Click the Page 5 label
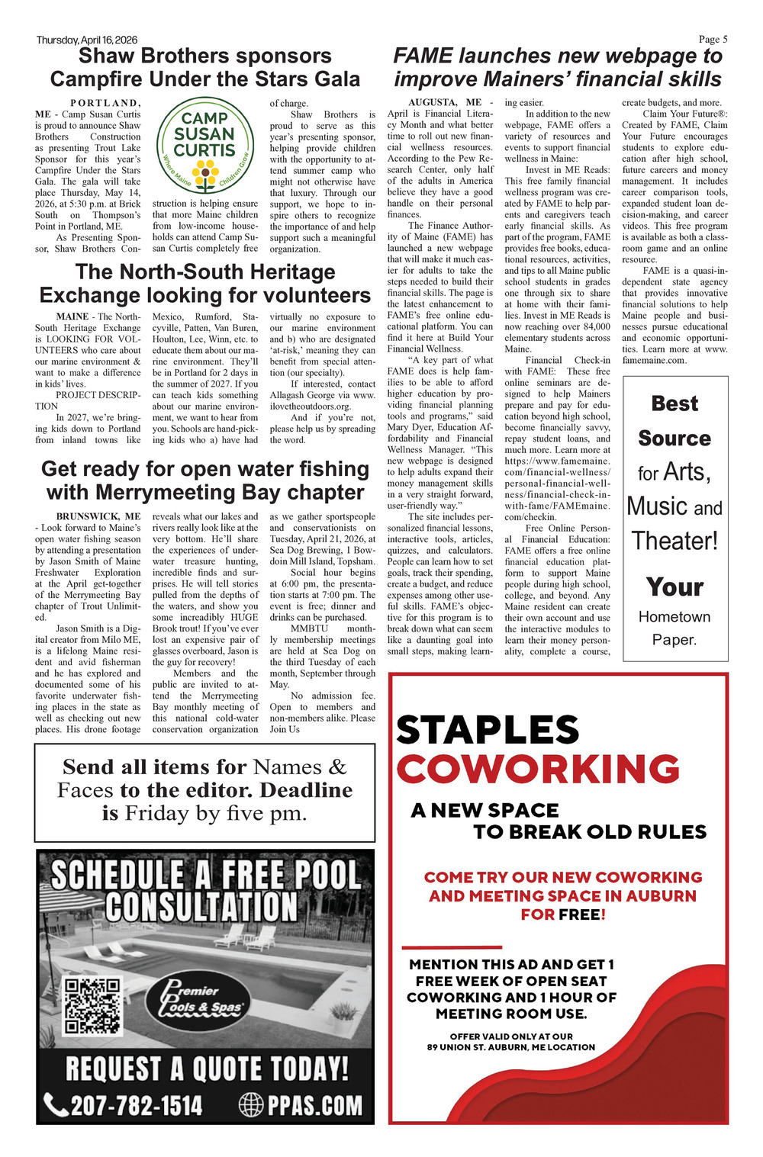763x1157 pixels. click(x=713, y=39)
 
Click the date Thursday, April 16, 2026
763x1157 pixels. click(x=86, y=40)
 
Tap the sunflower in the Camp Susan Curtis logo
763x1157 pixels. click(x=205, y=174)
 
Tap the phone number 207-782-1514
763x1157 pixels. click(x=136, y=1104)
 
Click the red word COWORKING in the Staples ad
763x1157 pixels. click(x=538, y=768)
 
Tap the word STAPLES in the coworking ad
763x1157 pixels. click(x=488, y=730)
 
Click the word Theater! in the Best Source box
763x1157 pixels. click(x=674, y=541)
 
